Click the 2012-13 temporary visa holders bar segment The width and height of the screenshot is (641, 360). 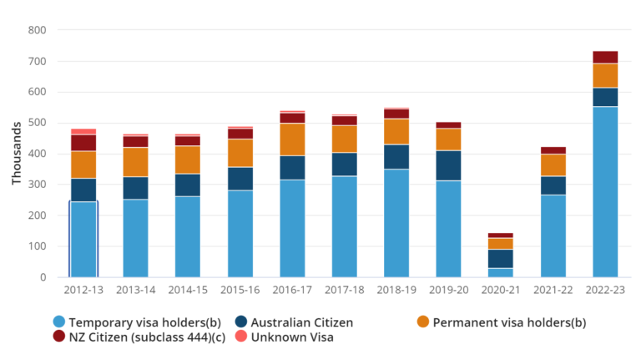(x=83, y=239)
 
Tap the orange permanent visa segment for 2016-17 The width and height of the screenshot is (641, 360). (x=292, y=139)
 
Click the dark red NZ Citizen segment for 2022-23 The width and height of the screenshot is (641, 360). (x=605, y=57)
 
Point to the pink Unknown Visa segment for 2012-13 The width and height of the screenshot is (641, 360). (x=83, y=131)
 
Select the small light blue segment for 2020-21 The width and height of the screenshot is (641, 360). (x=501, y=272)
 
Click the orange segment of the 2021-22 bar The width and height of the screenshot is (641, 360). (x=553, y=165)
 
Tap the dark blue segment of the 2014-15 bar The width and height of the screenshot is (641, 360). (x=188, y=185)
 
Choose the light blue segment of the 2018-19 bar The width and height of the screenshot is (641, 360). (x=396, y=223)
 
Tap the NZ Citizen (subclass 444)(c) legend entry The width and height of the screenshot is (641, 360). (x=134, y=337)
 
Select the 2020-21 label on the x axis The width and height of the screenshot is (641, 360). (x=501, y=289)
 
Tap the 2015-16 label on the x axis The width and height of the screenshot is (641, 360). (x=240, y=289)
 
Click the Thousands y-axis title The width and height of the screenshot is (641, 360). (x=17, y=154)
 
